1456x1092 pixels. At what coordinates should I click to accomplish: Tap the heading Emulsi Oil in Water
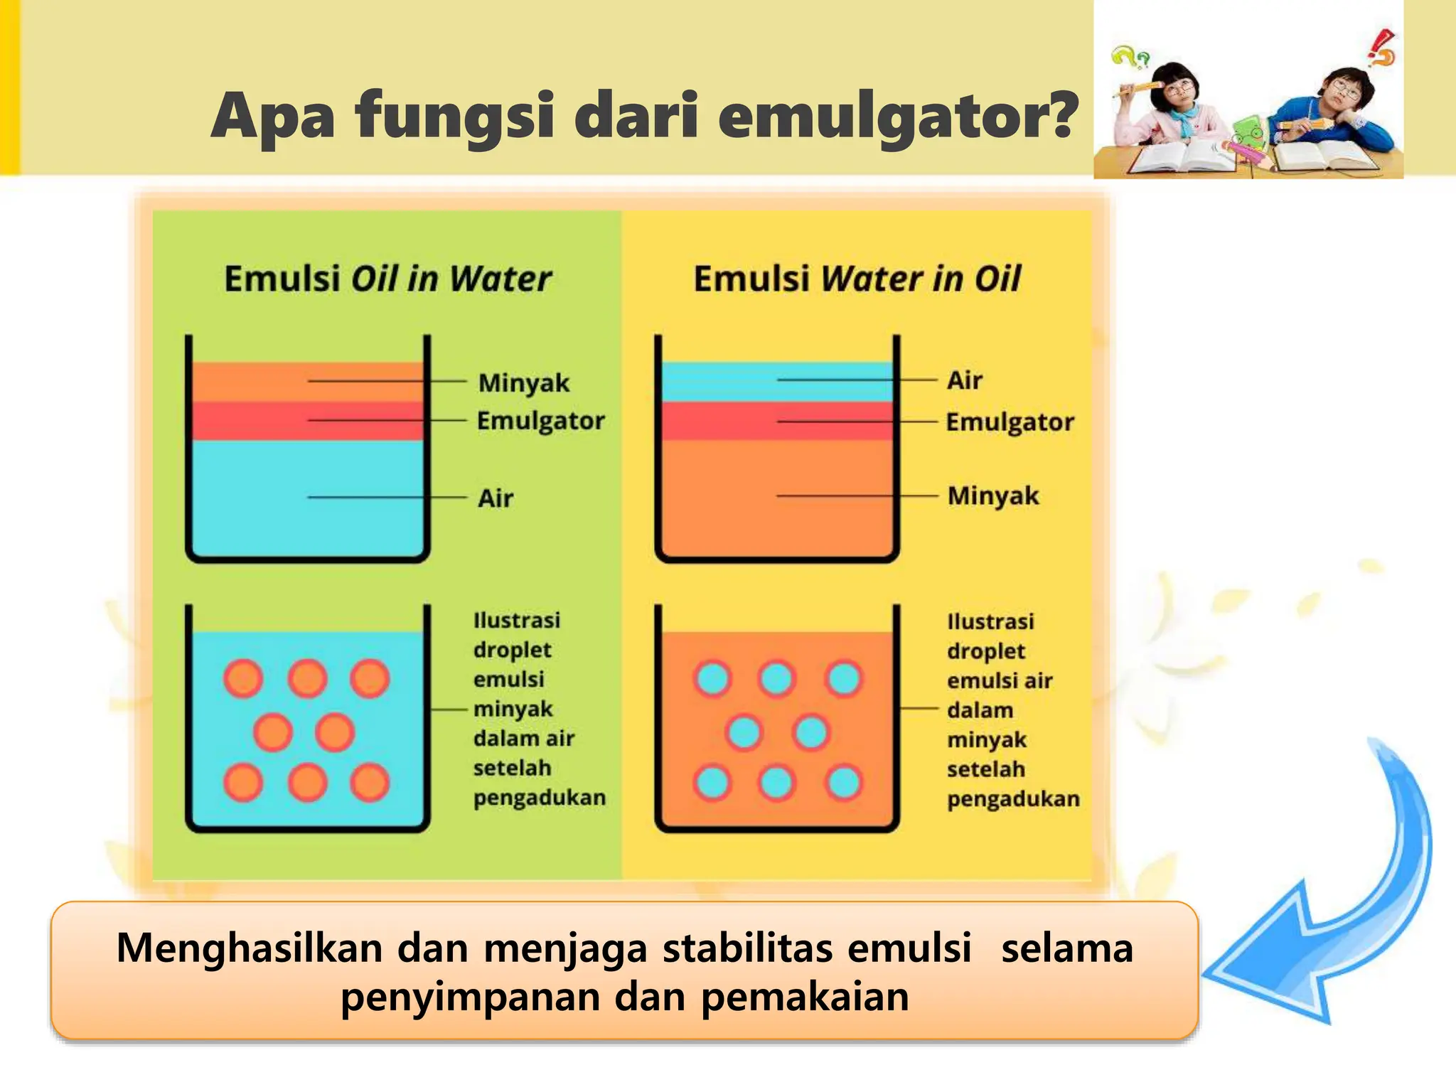[387, 278]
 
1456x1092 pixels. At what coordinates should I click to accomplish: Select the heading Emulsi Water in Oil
[857, 278]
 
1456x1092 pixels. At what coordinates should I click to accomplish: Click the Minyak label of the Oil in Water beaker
[523, 383]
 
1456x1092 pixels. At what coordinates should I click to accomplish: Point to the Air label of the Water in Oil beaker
[964, 380]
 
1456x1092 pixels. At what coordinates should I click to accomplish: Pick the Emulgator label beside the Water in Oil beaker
[1010, 422]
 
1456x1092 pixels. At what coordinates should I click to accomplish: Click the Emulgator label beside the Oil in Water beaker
[540, 421]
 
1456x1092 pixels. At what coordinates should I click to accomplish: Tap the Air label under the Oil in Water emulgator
[495, 498]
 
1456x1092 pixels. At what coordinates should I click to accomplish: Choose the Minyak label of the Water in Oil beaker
[993, 496]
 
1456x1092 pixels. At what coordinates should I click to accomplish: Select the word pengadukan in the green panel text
[540, 798]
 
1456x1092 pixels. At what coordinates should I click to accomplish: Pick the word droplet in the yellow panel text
[985, 651]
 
